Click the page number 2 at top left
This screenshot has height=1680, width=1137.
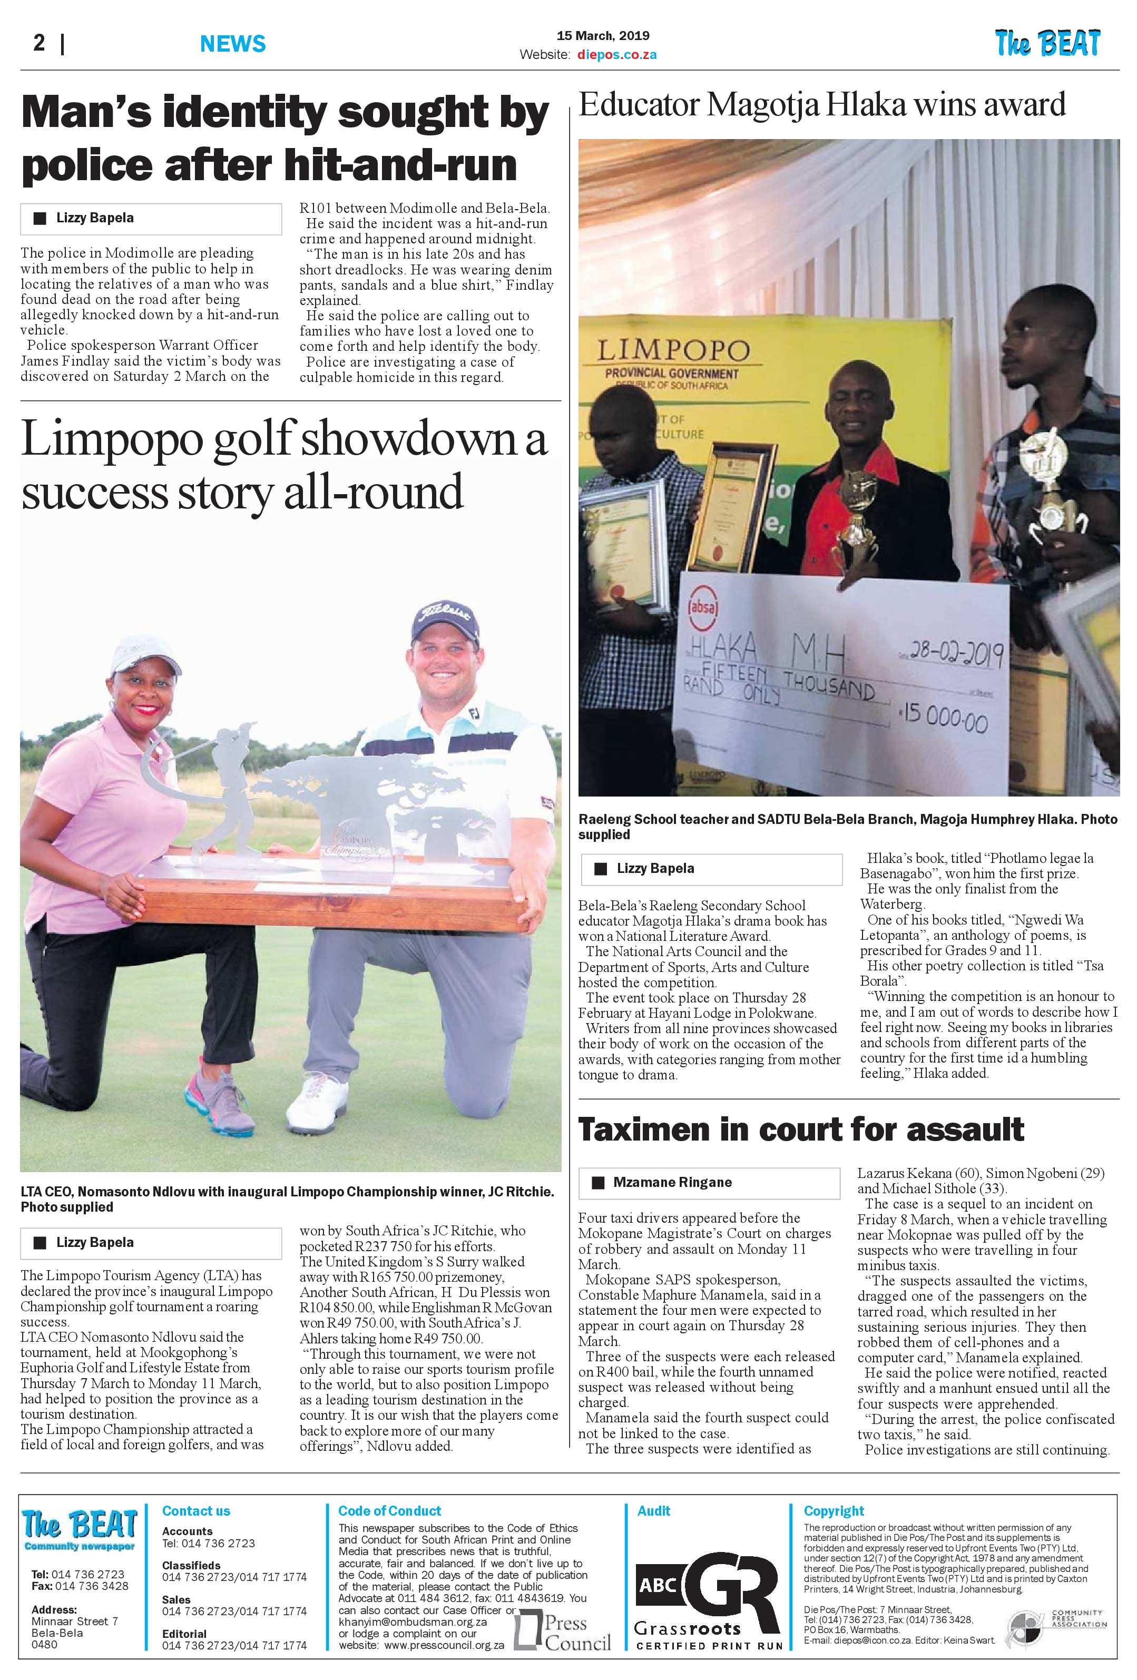(x=39, y=43)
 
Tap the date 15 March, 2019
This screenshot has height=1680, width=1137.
(x=603, y=35)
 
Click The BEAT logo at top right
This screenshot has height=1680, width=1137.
(x=1047, y=43)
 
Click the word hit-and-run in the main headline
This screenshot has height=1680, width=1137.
(x=400, y=165)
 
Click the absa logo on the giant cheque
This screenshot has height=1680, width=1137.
(x=702, y=605)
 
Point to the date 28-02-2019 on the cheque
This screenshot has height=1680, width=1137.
(x=956, y=653)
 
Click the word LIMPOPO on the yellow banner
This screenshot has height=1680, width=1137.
(x=673, y=351)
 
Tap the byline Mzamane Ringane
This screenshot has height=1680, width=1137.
(x=672, y=1182)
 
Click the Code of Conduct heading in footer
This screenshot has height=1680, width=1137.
(x=389, y=1511)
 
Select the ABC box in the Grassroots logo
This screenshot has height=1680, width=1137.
(x=658, y=1585)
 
